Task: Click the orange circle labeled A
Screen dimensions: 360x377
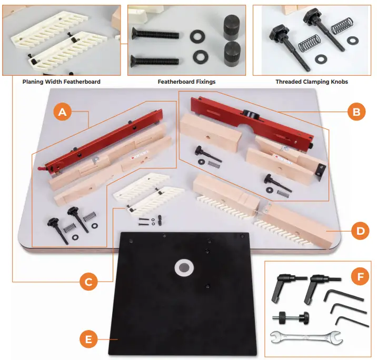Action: (x=62, y=112)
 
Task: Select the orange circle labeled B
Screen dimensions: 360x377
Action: (x=356, y=111)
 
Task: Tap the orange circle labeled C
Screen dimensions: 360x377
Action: (x=88, y=282)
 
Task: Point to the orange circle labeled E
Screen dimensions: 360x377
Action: (x=88, y=339)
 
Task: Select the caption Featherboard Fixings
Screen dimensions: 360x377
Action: (x=186, y=82)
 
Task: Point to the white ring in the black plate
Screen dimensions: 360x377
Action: (x=184, y=267)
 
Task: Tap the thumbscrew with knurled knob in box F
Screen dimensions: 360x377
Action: (x=290, y=317)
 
